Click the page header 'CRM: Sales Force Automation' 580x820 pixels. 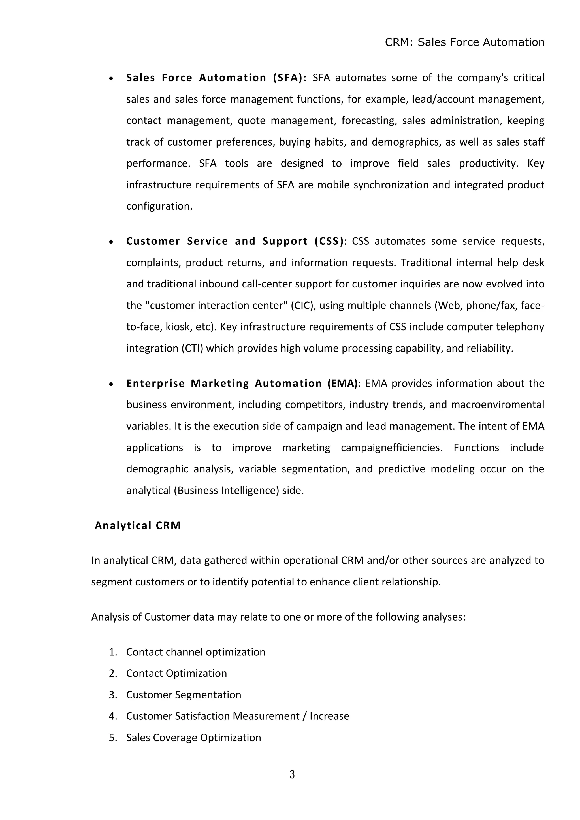[464, 42]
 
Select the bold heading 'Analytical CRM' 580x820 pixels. [138, 525]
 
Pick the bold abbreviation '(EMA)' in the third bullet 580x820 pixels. [342, 384]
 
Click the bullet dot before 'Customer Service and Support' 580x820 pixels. [111, 242]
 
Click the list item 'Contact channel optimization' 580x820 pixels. [196, 652]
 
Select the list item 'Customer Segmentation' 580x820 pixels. [184, 695]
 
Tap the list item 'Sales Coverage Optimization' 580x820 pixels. [194, 738]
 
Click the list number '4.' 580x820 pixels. [113, 716]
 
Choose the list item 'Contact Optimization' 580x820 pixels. [176, 673]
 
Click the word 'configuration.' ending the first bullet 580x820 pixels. [159, 206]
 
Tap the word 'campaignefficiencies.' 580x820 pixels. [391, 448]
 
